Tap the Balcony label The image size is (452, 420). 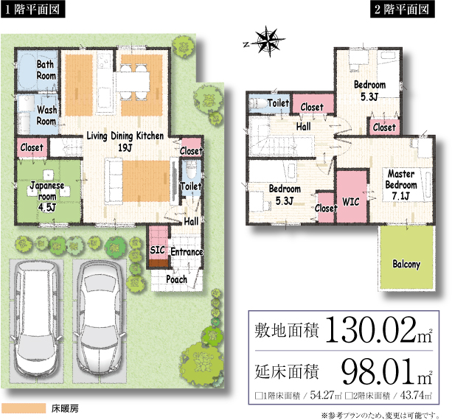[x=406, y=264]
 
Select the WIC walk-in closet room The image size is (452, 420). [x=352, y=197]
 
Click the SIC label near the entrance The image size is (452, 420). [x=157, y=250]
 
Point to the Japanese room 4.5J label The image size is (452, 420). [x=47, y=196]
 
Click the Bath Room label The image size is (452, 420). [x=46, y=70]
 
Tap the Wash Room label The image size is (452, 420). [x=46, y=115]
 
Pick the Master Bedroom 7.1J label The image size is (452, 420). [x=401, y=185]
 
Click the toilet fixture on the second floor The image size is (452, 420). [x=258, y=103]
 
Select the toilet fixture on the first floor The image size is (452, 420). [x=191, y=169]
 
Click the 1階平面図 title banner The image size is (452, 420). [x=32, y=10]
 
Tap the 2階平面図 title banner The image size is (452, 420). [x=403, y=10]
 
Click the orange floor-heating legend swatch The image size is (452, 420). [x=24, y=408]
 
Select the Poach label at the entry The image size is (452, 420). [x=176, y=279]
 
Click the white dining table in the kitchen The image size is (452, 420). [x=133, y=82]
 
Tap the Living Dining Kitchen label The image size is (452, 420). [x=125, y=136]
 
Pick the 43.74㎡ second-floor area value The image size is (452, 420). [x=416, y=395]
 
